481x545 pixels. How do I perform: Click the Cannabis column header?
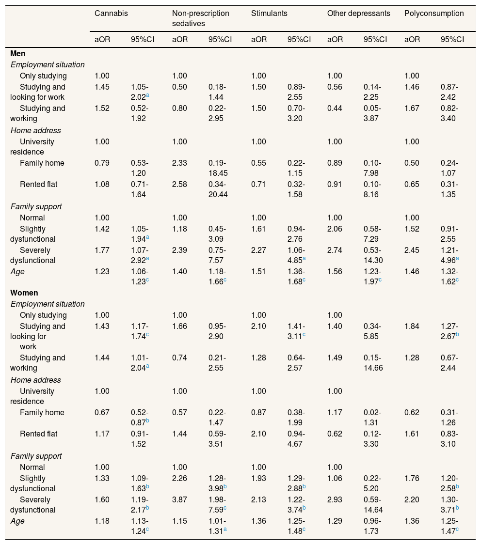click(x=111, y=14)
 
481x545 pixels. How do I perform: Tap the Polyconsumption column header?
click(x=434, y=14)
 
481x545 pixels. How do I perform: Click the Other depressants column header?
click(x=358, y=14)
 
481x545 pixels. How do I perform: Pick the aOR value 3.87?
click(x=180, y=499)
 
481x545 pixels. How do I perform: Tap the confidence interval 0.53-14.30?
click(x=374, y=255)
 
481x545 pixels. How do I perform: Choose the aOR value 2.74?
click(x=335, y=250)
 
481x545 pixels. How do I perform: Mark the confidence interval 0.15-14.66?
click(x=374, y=363)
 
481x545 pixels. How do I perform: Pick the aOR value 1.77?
click(x=102, y=250)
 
